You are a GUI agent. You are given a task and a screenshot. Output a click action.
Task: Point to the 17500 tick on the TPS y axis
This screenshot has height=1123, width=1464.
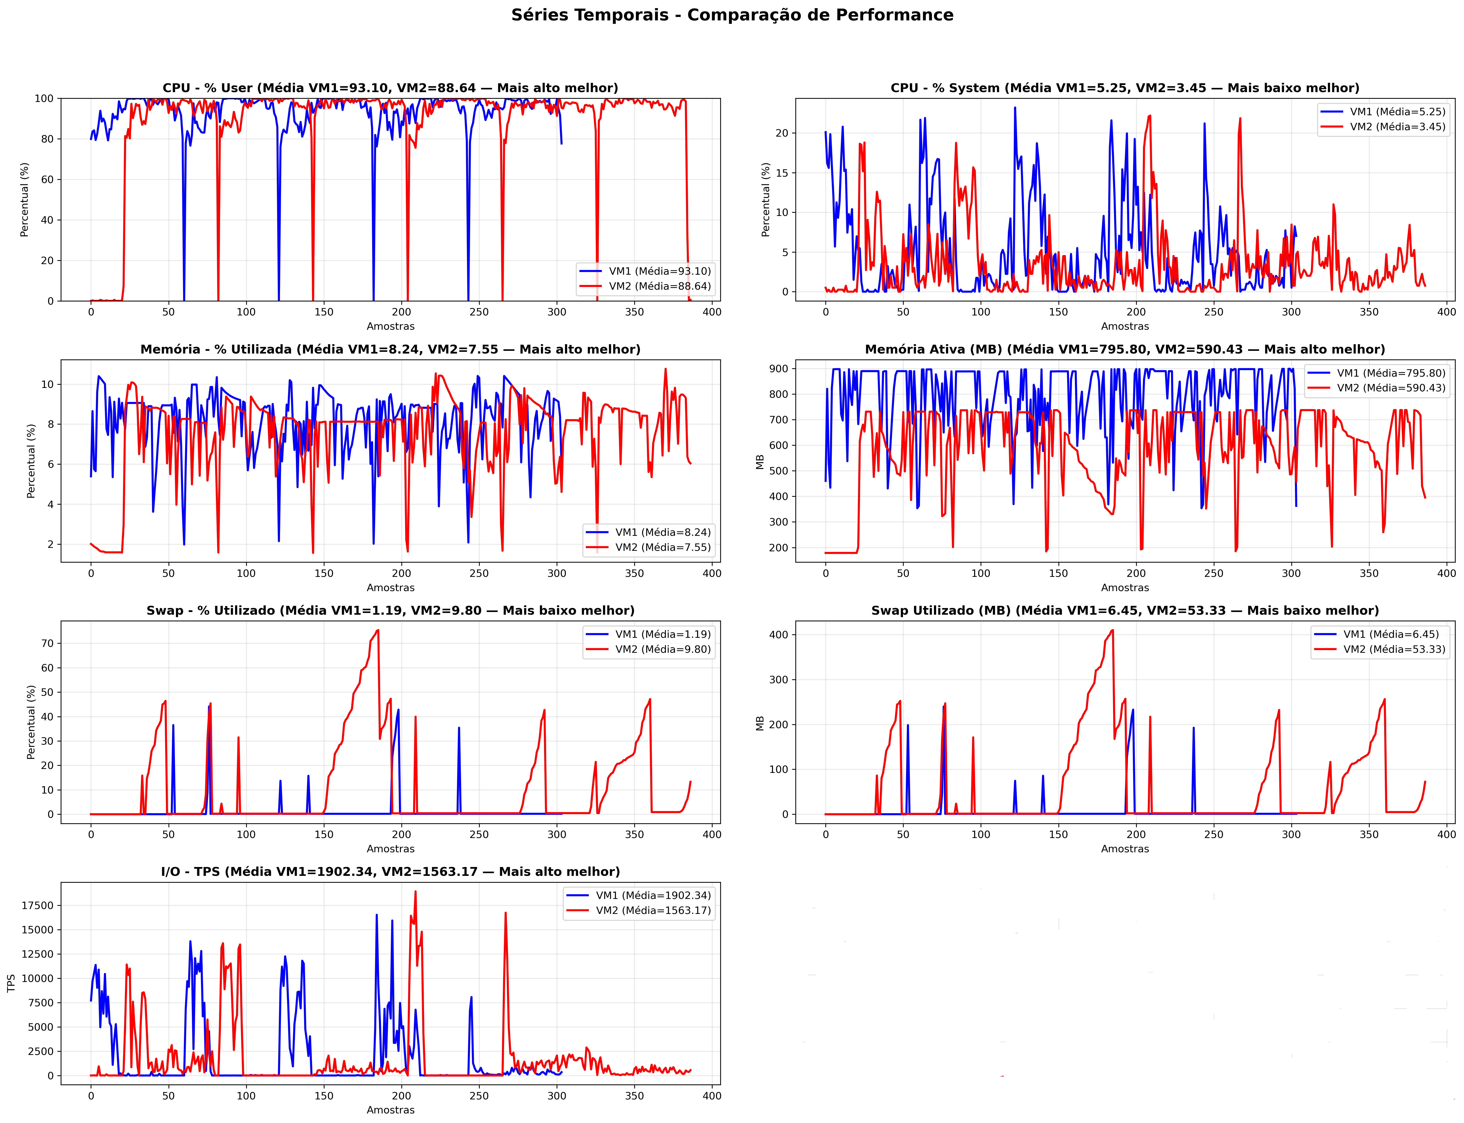[37, 906]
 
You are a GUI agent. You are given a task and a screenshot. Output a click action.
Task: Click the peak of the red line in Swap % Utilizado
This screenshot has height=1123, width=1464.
[378, 630]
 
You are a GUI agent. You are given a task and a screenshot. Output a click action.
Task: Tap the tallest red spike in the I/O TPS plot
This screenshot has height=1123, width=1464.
[416, 892]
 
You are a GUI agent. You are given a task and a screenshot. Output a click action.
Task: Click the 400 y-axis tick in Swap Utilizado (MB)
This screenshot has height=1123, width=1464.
[778, 635]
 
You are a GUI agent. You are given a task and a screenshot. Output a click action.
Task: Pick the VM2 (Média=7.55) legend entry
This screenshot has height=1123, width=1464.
[648, 547]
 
